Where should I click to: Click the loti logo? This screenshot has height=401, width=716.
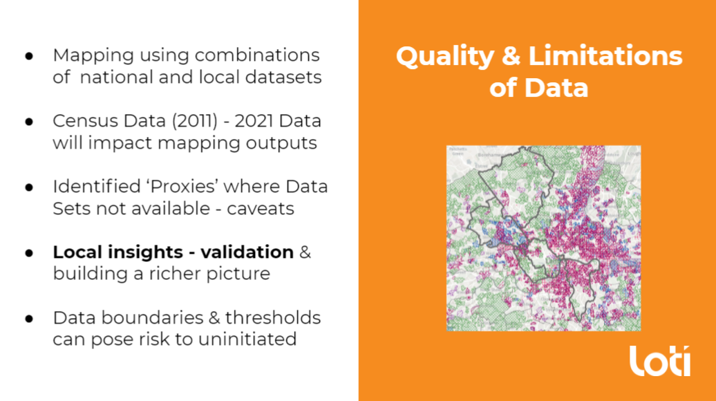[x=659, y=361]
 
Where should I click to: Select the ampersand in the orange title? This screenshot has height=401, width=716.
[x=511, y=57]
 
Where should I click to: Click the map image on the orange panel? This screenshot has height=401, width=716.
[x=543, y=238]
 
